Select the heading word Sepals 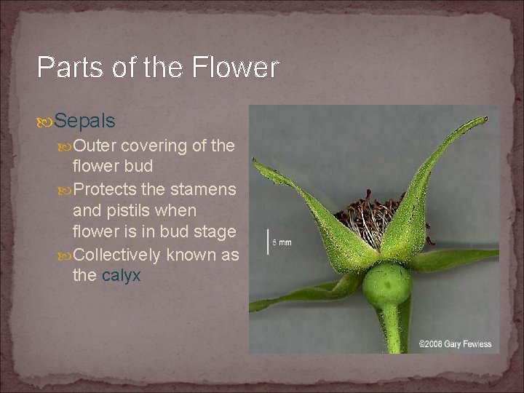pyautogui.click(x=84, y=120)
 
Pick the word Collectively pyautogui.click(x=118, y=255)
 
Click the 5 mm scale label pyautogui.click(x=282, y=242)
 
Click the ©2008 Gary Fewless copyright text pyautogui.click(x=455, y=344)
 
